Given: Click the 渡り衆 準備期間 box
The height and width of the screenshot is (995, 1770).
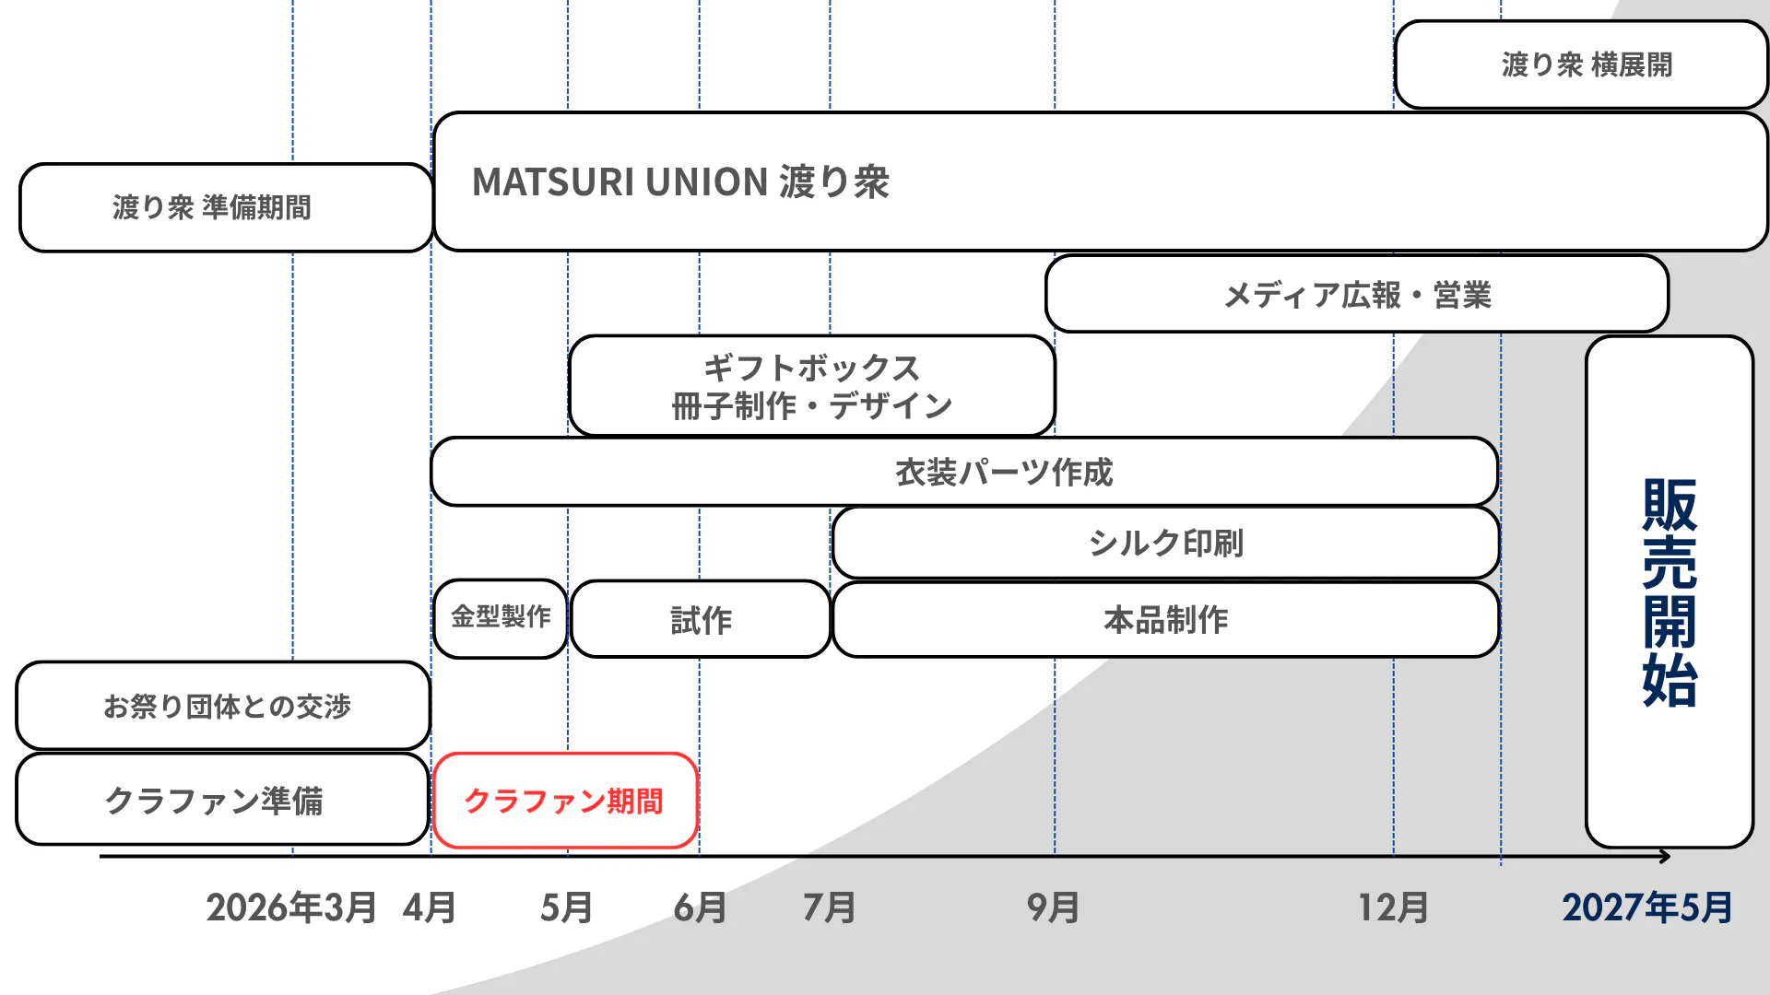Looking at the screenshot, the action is pyautogui.click(x=226, y=207).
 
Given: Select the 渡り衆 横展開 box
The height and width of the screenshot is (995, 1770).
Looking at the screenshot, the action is pyautogui.click(x=1581, y=64).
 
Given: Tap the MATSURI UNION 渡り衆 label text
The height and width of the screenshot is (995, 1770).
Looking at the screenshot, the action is pyautogui.click(x=680, y=181).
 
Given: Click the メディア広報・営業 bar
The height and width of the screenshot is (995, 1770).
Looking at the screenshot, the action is pyautogui.click(x=1357, y=294).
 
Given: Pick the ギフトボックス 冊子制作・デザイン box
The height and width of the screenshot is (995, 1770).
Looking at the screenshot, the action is pyautogui.click(x=812, y=386).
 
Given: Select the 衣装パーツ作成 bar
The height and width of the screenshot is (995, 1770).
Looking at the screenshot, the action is pyautogui.click(x=964, y=472).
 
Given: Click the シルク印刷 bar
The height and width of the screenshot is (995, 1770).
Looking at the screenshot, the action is pyautogui.click(x=1165, y=543).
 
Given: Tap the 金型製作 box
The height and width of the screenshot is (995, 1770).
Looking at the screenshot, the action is pyautogui.click(x=501, y=618).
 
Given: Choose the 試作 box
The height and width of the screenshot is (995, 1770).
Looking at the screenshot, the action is pyautogui.click(x=701, y=619).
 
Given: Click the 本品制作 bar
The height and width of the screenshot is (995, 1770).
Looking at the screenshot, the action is pyautogui.click(x=1165, y=619).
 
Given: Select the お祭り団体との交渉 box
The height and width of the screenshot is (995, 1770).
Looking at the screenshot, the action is pyautogui.click(x=223, y=706).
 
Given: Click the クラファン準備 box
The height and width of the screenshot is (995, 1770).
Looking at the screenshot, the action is pyautogui.click(x=222, y=800).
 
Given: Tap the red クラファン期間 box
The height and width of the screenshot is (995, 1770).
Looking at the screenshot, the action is pyautogui.click(x=565, y=801).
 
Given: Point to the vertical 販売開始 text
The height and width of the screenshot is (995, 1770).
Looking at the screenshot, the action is pyautogui.click(x=1670, y=592).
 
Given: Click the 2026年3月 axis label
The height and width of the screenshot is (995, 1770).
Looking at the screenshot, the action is pyautogui.click(x=291, y=908).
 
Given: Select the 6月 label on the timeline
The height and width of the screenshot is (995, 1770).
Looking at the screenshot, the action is pyautogui.click(x=700, y=908).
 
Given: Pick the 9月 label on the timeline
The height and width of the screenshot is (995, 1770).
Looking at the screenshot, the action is pyautogui.click(x=1054, y=908).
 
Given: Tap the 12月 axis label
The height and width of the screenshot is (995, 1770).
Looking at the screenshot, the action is pyautogui.click(x=1394, y=908).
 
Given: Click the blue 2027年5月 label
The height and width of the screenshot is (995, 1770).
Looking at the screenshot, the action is pyautogui.click(x=1647, y=908).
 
